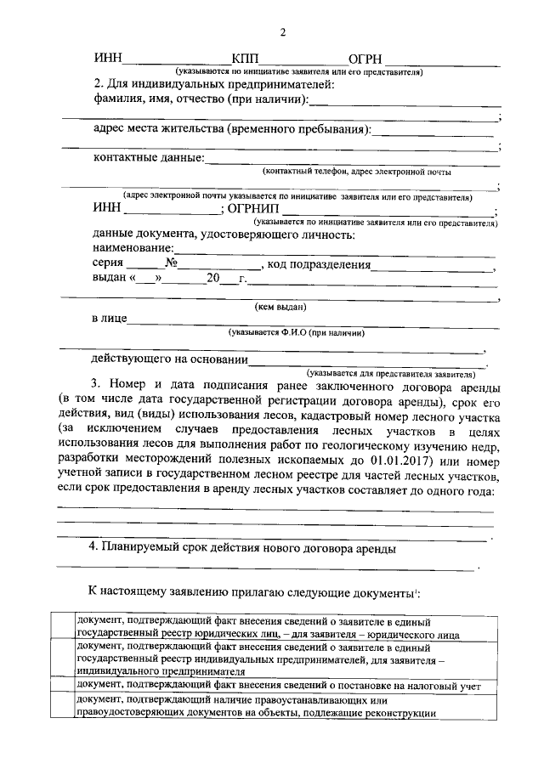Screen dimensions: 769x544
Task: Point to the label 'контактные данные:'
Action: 149,158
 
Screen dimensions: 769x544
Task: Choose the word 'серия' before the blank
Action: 109,263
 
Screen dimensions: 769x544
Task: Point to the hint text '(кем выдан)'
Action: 280,306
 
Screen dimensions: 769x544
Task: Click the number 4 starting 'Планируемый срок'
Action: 94,548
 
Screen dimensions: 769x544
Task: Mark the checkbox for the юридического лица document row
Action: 61,627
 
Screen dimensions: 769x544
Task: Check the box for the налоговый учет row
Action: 61,685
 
